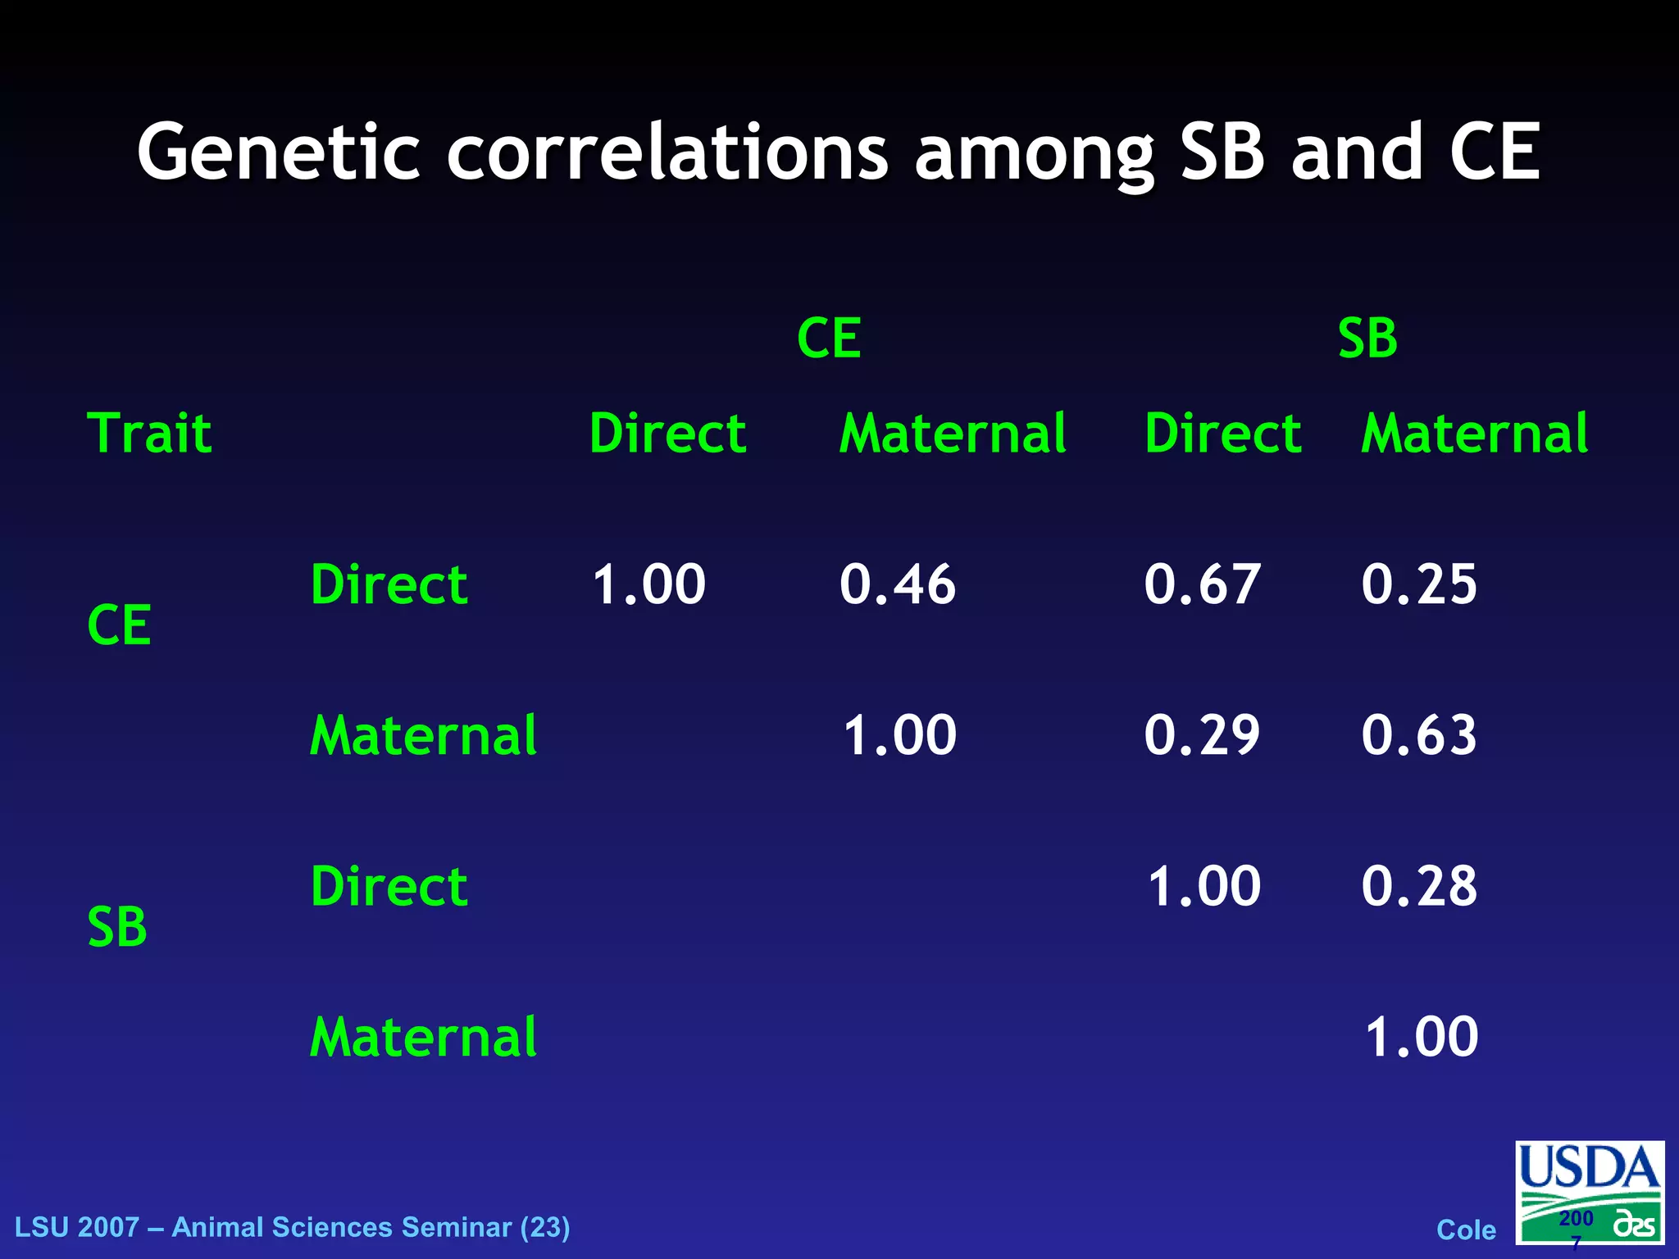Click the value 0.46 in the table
tap(897, 584)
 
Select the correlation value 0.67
tap(1202, 584)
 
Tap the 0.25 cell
tap(1419, 584)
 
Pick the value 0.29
tap(1202, 734)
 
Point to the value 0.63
tap(1419, 734)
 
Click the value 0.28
tap(1419, 886)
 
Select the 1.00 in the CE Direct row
tap(648, 584)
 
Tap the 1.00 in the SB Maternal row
tap(1422, 1037)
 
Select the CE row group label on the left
tap(119, 625)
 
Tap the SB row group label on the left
tap(117, 927)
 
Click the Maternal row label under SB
tap(423, 1037)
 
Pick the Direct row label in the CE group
tap(389, 584)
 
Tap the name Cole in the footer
tap(1466, 1230)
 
